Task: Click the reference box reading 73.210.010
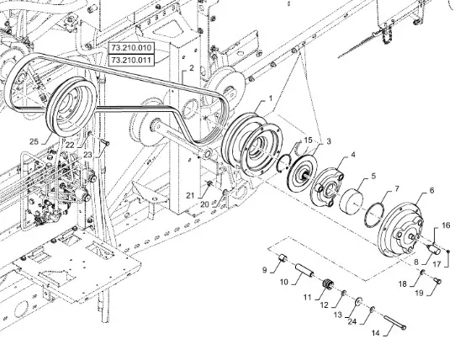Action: (131, 48)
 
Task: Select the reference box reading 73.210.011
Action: (131, 61)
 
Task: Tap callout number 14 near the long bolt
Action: (375, 333)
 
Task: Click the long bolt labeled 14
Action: (394, 322)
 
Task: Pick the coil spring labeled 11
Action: (327, 284)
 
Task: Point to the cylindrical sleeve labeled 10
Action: (304, 270)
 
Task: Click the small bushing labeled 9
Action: (282, 259)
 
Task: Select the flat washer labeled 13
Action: (357, 301)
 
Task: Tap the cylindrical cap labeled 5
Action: (352, 200)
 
